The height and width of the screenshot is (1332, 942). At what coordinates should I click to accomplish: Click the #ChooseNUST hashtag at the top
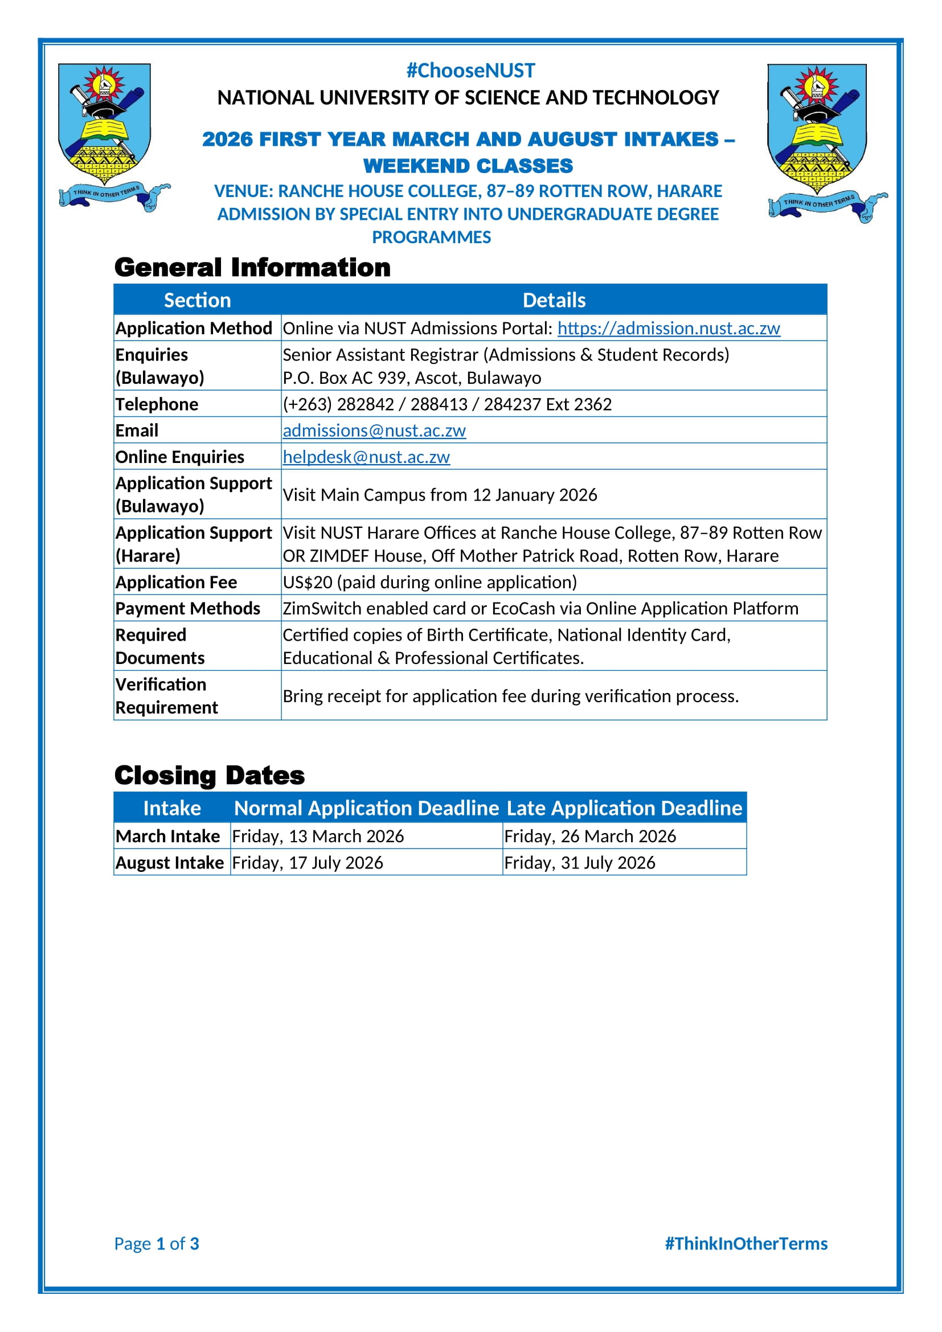(470, 71)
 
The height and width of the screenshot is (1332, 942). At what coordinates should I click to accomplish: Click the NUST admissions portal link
(668, 329)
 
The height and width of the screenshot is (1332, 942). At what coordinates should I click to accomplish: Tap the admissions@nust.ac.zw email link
(374, 431)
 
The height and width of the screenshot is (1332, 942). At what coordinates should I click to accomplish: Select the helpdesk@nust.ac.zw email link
(366, 457)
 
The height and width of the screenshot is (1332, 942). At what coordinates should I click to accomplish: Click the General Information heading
(252, 268)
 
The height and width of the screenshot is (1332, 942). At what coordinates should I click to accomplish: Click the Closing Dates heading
(210, 776)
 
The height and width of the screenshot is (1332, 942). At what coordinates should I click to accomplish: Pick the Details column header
(554, 300)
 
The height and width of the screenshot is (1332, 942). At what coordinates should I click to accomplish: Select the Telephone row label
(157, 404)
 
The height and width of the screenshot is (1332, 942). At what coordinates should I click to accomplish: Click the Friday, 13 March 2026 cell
(317, 837)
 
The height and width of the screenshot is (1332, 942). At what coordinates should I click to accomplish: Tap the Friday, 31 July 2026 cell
(579, 863)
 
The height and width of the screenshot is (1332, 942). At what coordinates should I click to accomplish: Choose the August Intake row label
(169, 863)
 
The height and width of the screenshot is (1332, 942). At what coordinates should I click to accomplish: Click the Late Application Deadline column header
(624, 808)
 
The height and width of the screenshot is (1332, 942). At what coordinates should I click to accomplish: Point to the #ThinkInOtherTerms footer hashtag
(746, 1244)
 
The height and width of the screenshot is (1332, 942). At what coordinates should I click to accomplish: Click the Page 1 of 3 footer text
(157, 1244)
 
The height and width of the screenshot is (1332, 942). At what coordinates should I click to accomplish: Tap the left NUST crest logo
(107, 136)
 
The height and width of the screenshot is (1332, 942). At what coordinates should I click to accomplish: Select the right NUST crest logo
(821, 142)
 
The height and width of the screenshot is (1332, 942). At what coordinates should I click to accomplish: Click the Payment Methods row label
(187, 609)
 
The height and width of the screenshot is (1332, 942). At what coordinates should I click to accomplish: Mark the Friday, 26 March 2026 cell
(590, 837)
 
